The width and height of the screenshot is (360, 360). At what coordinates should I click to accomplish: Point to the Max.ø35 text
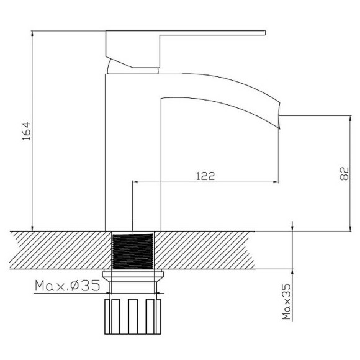coord(68,286)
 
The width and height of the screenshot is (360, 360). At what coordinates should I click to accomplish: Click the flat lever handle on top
coord(186,34)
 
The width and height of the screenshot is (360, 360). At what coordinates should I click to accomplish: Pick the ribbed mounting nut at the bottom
coord(133,316)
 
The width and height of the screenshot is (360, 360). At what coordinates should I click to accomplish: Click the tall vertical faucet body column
coord(133,155)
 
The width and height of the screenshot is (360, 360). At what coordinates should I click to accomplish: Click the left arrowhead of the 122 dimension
coord(136,182)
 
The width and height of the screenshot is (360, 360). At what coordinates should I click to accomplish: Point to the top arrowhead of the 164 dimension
coord(31,33)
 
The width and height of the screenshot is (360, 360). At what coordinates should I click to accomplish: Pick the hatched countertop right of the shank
coord(217,250)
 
